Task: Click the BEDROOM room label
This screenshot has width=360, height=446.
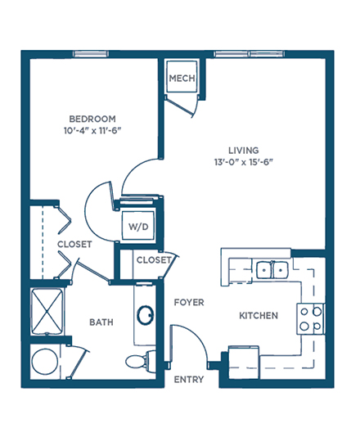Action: [92, 119]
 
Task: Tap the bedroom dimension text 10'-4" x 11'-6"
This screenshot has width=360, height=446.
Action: [92, 131]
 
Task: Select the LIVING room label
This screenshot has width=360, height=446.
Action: [244, 151]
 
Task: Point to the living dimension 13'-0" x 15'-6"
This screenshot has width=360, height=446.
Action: [244, 162]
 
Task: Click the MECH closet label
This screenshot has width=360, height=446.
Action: [182, 78]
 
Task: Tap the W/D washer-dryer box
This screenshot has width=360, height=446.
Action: [138, 227]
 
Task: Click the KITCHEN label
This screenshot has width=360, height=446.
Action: [259, 316]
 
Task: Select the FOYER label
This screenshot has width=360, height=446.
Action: [189, 302]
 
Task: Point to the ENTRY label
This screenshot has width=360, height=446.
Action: [189, 380]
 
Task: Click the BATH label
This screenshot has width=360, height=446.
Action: [101, 322]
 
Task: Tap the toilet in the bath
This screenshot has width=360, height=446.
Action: [141, 362]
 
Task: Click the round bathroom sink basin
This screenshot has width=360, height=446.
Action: [146, 315]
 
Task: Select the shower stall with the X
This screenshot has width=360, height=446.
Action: [47, 312]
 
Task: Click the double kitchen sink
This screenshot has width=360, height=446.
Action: [272, 270]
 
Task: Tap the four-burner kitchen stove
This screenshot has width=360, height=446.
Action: [311, 319]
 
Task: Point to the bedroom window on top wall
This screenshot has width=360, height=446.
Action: [91, 54]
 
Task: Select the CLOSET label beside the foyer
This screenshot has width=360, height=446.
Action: [154, 260]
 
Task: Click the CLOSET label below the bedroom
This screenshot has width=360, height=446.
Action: [74, 245]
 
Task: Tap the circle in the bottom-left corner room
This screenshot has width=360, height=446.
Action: [45, 362]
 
